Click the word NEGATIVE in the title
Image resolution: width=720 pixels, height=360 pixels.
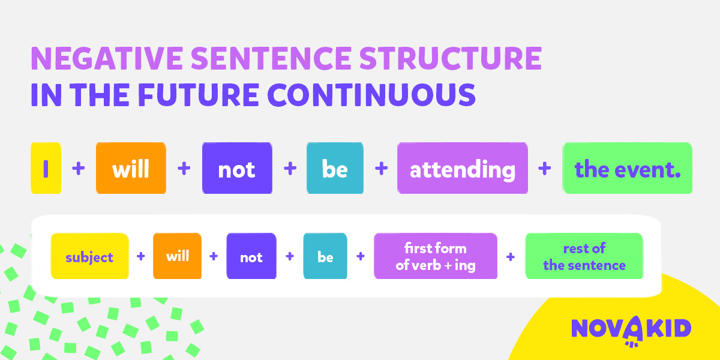coord(107,58)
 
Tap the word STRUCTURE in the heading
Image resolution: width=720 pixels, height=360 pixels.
coord(451,58)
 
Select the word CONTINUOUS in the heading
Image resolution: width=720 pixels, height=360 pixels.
coord(371,95)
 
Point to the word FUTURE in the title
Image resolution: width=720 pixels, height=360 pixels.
coord(199,95)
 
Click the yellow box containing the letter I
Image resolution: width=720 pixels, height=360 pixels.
coord(46,168)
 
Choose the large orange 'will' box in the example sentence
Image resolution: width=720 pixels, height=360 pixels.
coord(131,168)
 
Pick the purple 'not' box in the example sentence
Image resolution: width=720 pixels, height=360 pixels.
coord(237,168)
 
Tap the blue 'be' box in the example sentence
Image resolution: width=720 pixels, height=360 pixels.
coord(335,168)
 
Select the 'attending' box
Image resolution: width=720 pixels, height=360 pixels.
coord(463,168)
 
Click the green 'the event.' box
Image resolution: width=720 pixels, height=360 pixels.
coord(628,168)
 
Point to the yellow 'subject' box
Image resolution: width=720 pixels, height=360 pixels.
coord(89,256)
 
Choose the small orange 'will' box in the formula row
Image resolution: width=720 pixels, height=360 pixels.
coord(177,256)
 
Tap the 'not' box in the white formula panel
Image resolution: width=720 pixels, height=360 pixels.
coord(251,256)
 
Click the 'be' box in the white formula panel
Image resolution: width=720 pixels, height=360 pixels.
coord(325,256)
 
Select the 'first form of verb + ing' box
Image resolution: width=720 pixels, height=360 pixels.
coord(436,256)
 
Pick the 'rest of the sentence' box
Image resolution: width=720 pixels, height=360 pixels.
coord(584,256)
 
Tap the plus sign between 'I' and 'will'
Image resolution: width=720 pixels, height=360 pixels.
coord(79,168)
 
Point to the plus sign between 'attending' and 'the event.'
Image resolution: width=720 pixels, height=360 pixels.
coord(545,168)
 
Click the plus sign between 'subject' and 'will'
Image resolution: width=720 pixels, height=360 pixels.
coord(141,256)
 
